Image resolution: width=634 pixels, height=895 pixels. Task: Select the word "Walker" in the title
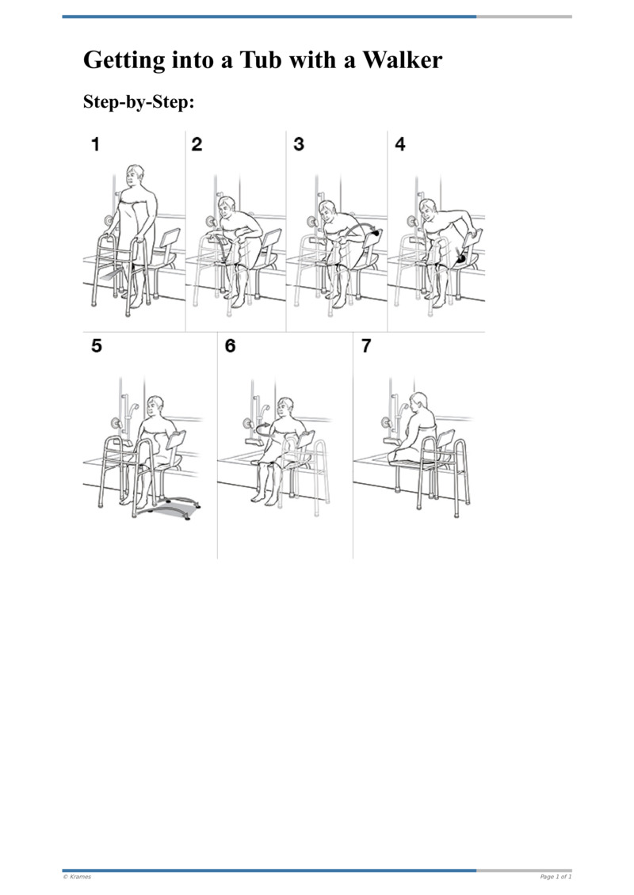pos(402,60)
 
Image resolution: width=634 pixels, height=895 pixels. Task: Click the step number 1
pos(95,145)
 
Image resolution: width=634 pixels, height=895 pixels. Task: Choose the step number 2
pos(197,145)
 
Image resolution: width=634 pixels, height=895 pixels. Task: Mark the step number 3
pos(299,145)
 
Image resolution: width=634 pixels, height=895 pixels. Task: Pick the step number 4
pos(399,145)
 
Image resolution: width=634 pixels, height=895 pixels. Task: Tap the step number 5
pos(97,346)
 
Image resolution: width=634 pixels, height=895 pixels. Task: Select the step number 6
pos(231,346)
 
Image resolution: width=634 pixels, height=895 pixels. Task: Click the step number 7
pos(366,346)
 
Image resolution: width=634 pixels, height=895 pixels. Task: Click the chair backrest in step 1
pos(169,236)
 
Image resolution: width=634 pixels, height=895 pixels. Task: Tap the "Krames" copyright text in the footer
pos(77,877)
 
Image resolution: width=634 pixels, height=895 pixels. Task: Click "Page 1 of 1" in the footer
pos(555,877)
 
